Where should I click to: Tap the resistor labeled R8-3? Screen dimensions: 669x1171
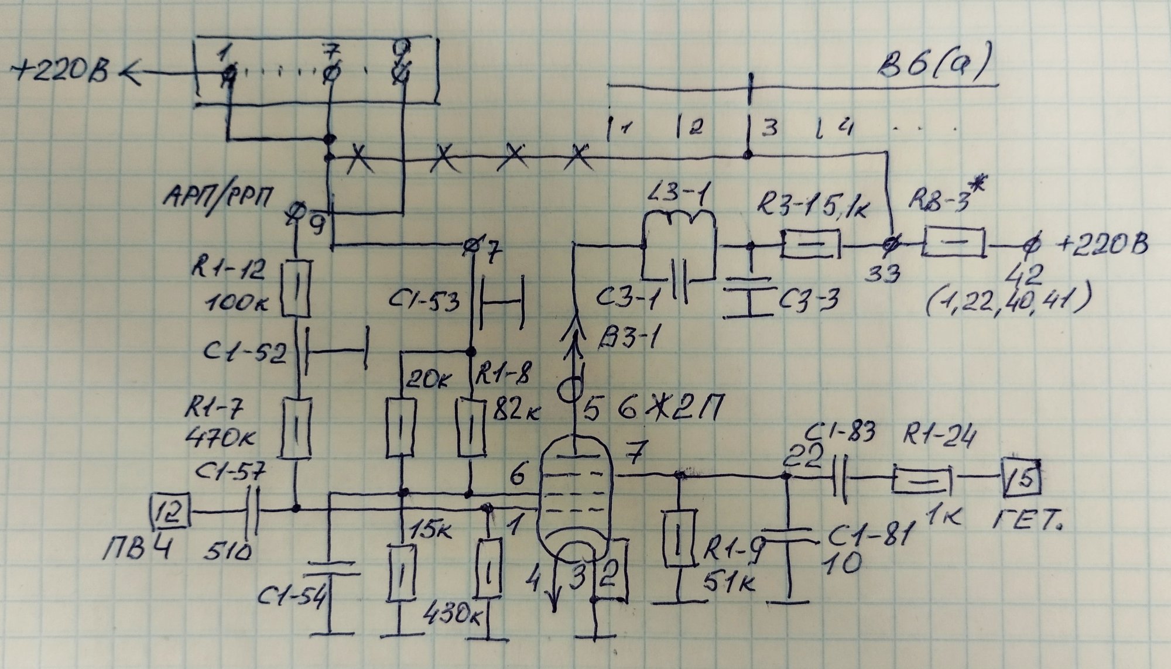pos(953,242)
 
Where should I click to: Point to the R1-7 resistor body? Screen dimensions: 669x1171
pos(296,427)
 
